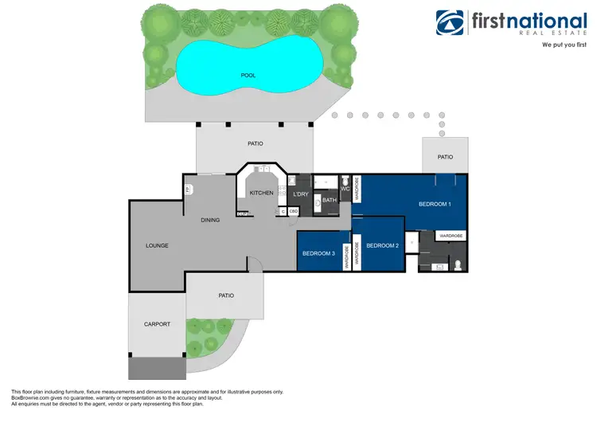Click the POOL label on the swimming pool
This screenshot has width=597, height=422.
(248, 76)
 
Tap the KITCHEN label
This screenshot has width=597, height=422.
(262, 193)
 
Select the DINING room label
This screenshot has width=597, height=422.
(210, 221)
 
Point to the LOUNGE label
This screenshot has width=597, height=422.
(157, 245)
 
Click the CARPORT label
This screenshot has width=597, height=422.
(157, 324)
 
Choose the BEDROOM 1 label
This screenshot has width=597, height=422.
(435, 205)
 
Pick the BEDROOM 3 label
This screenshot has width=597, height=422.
(318, 253)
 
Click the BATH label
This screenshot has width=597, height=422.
(329, 201)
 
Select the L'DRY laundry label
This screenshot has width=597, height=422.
(301, 194)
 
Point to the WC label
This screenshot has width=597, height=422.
(345, 190)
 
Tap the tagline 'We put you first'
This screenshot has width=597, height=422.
(564, 45)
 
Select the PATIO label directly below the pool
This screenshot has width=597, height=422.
(255, 144)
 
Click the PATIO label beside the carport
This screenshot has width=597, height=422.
(226, 295)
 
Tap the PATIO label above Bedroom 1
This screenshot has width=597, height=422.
(445, 157)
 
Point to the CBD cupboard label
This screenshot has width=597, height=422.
(294, 211)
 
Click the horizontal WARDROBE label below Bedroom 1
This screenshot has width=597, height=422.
(451, 236)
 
